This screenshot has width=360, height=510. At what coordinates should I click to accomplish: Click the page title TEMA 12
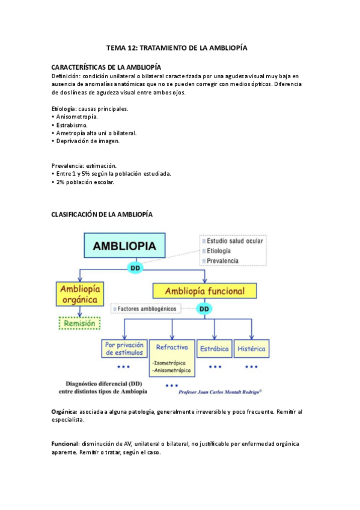pos(177,47)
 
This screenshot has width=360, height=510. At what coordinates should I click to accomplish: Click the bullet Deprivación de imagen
pos(87,141)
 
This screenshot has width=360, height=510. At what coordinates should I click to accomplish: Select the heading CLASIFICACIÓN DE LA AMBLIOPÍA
pos(102,214)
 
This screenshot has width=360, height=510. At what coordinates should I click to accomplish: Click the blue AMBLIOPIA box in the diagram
pos(124,246)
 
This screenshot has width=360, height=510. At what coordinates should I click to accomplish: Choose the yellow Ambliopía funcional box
pos(204,291)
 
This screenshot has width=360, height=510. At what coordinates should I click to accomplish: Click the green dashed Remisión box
pos(79,323)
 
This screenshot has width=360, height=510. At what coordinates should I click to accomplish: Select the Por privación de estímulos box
pos(124,349)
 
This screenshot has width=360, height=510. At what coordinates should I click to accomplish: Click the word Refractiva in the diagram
pos(172,348)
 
